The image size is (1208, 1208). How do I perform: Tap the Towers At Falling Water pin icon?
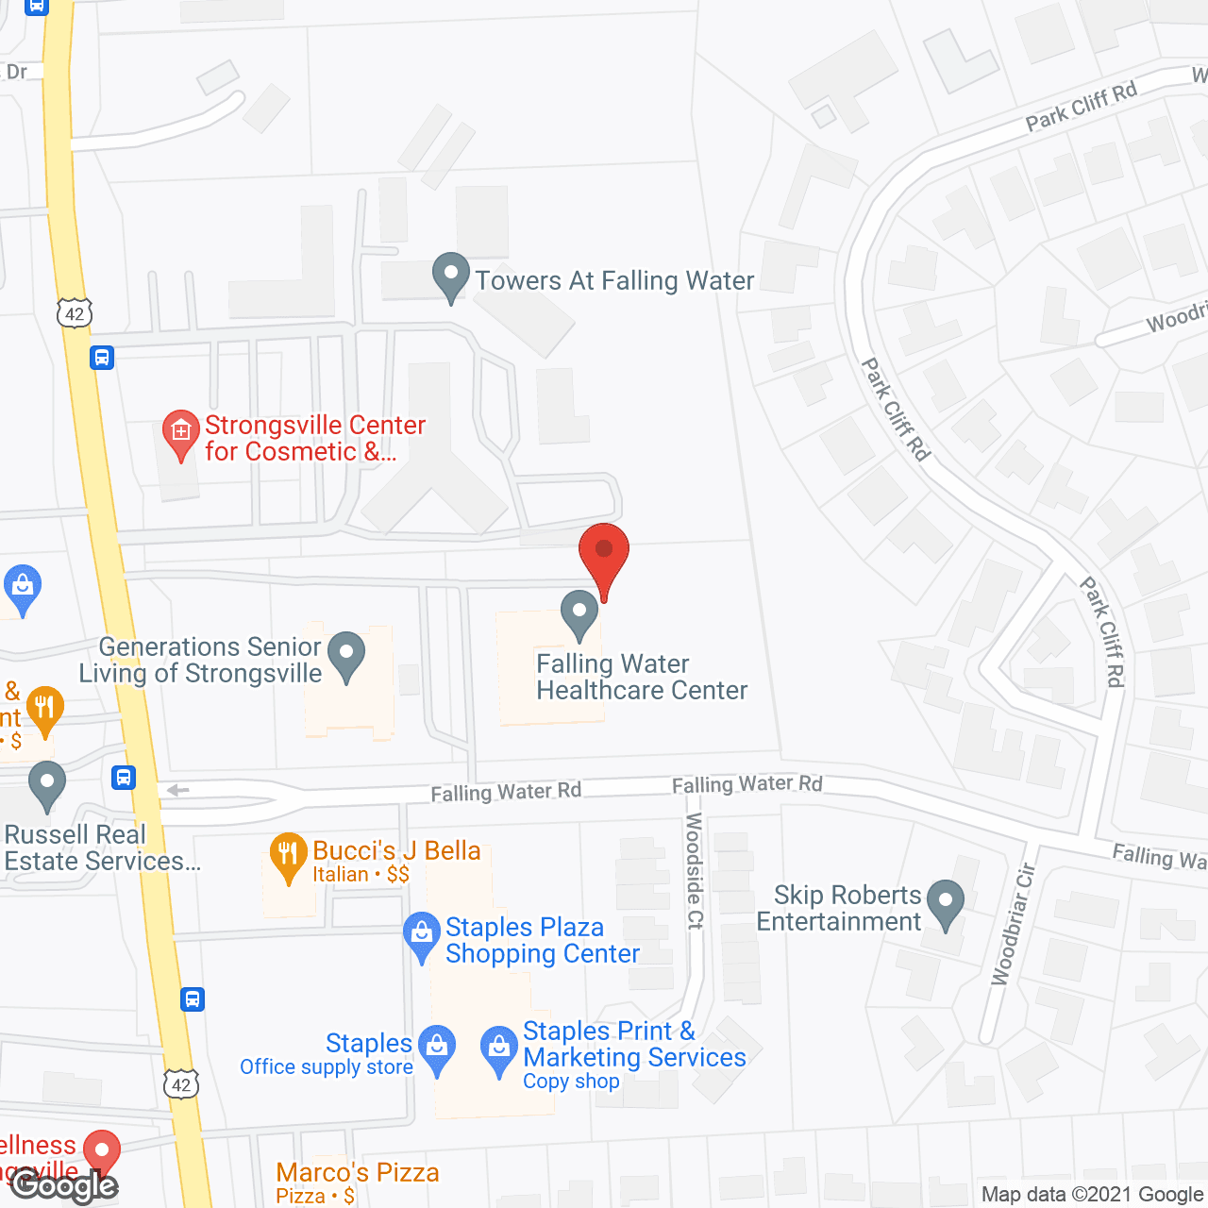point(451,277)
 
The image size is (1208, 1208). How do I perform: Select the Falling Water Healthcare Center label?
point(642,678)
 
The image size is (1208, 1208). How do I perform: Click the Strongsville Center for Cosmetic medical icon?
point(180,433)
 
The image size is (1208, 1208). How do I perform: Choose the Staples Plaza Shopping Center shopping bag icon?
point(421,935)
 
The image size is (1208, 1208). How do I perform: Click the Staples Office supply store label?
point(327,1054)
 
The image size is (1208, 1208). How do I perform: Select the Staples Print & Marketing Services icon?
point(499,1049)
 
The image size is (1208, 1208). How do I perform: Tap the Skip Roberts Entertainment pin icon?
point(945,903)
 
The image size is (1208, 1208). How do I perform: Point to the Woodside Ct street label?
point(695,870)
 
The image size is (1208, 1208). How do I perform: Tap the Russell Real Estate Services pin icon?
point(47,785)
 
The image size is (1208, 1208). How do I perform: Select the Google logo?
point(64,1185)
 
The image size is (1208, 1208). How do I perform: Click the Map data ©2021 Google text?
point(1093,1195)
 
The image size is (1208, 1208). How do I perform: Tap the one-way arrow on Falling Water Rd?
point(177,791)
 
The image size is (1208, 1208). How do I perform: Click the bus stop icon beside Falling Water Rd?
point(123,778)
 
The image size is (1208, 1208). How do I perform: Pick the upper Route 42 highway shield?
point(75,313)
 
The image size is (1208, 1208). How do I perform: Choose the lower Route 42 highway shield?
point(181,1084)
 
